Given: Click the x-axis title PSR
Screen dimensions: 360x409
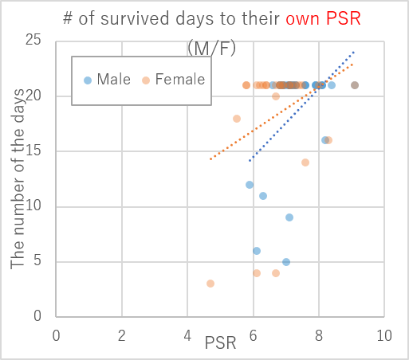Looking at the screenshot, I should (220, 343).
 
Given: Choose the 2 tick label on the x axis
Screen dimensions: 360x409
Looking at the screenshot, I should (122, 335).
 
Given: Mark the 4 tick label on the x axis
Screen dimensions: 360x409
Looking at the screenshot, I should (187, 335).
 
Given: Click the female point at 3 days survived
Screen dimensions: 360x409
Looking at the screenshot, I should (210, 284).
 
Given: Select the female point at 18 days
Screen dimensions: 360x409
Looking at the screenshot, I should (237, 119).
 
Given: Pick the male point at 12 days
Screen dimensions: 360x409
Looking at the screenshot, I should (250, 185).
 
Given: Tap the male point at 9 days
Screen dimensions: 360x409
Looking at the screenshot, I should (289, 217).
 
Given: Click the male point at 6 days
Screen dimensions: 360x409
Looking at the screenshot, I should (257, 251).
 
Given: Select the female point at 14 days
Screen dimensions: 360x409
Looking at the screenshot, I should (305, 162).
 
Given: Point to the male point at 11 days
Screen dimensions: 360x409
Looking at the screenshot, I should (263, 196).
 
